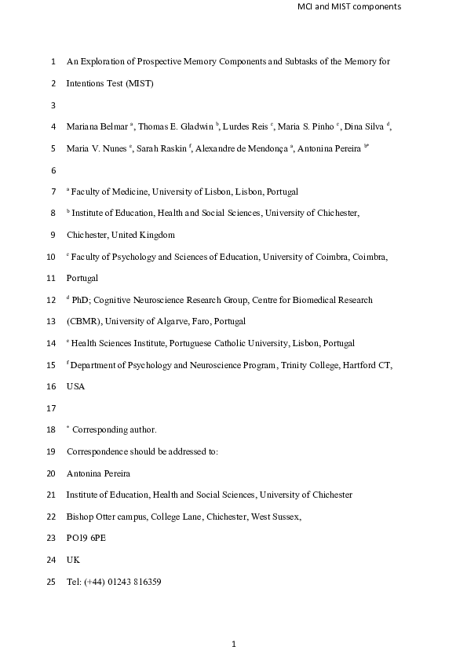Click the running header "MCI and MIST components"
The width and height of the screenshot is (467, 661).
click(349, 7)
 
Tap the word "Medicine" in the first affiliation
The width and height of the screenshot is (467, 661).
click(129, 191)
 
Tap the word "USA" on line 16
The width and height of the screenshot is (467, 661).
click(76, 386)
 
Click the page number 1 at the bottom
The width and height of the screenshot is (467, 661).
click(234, 645)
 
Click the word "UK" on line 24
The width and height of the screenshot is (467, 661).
click(73, 560)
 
